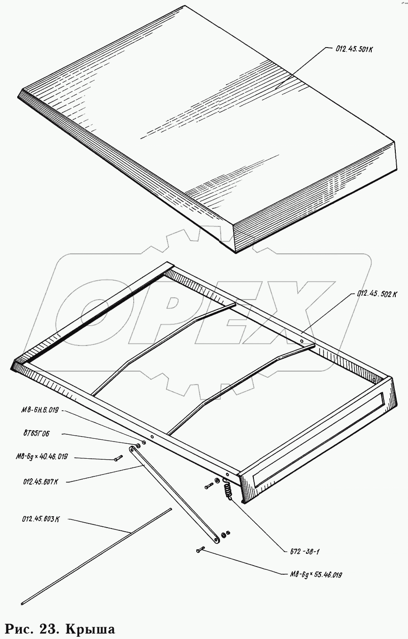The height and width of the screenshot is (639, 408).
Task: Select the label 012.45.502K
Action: pyautogui.click(x=377, y=293)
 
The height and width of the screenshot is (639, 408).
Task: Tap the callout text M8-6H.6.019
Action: pyautogui.click(x=39, y=411)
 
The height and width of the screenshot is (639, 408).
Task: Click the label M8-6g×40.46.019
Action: pyautogui.click(x=41, y=457)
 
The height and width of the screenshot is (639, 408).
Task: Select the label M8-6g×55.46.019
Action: pyautogui.click(x=316, y=575)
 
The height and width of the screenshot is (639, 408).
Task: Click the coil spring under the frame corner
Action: pyautogui.click(x=228, y=489)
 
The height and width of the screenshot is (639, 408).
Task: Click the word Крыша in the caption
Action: pyautogui.click(x=90, y=629)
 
